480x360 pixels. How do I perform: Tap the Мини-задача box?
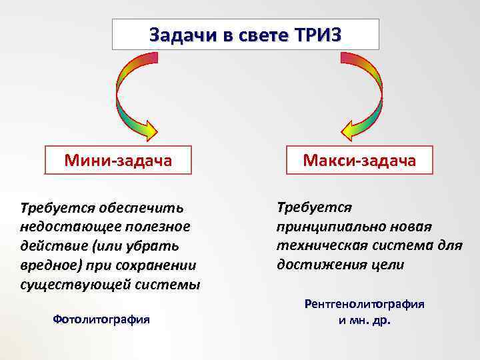pos(118,160)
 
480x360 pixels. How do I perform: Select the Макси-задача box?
pos(359,160)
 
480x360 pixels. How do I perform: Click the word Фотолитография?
pos(101,319)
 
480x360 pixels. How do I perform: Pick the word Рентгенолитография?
pos(364,303)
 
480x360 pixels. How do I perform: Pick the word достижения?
pos(320,264)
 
